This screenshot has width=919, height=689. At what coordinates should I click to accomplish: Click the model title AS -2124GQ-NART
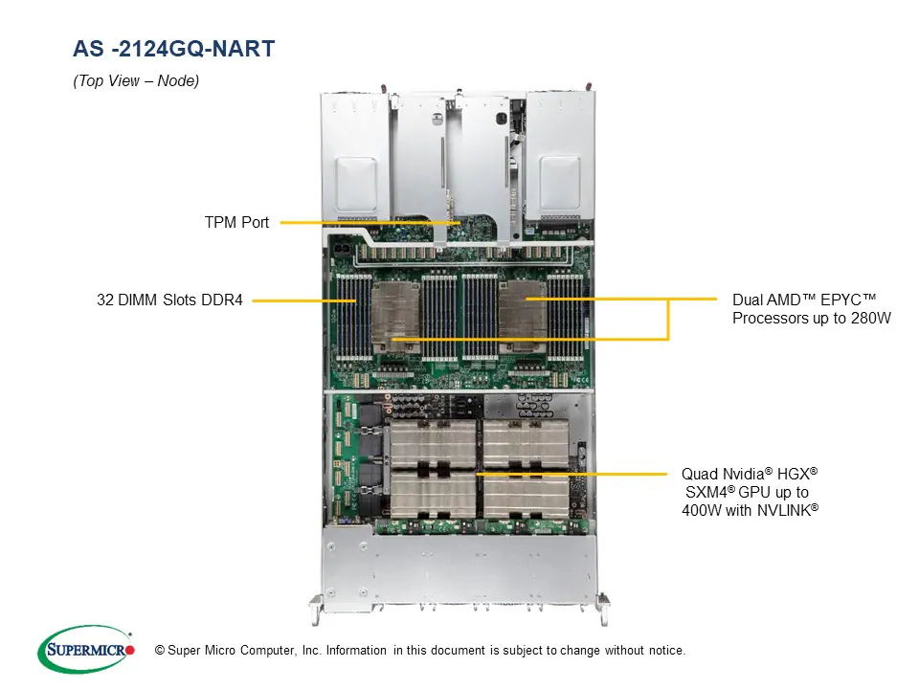tap(174, 49)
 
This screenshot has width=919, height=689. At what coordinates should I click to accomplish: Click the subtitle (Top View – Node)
tap(136, 81)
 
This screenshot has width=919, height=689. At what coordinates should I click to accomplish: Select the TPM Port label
tap(236, 222)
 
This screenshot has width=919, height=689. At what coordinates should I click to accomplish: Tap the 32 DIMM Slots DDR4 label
tap(169, 300)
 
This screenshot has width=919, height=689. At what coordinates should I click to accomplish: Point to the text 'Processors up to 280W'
tap(811, 318)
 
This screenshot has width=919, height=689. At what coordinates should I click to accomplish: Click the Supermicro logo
tap(86, 650)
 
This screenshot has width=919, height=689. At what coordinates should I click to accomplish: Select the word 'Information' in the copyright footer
tap(356, 651)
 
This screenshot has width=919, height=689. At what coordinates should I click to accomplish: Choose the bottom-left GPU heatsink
tap(434, 496)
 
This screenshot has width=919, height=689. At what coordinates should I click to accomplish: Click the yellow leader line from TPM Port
tap(364, 222)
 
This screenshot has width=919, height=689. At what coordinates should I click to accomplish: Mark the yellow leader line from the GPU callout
tap(574, 473)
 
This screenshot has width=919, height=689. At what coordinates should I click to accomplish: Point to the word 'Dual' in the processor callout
tap(748, 300)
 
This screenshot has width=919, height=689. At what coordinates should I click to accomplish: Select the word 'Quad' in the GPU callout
tap(697, 474)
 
